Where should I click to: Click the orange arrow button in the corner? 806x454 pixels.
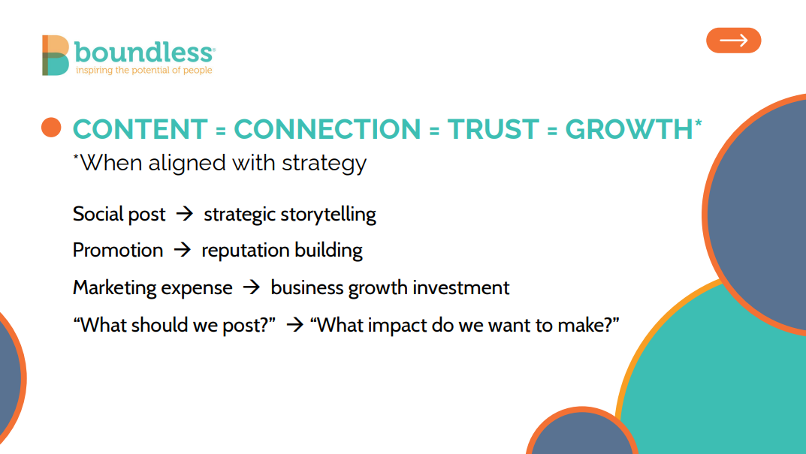coord(734,41)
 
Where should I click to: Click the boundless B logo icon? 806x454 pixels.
coord(56,56)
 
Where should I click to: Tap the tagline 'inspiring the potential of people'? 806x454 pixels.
coord(144,71)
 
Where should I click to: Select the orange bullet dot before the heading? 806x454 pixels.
coord(51,128)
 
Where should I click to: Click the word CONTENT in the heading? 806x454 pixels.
coord(140,129)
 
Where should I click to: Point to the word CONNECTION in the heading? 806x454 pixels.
coord(328,129)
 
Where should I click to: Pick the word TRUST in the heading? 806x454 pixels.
coord(493,129)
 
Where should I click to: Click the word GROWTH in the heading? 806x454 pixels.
coord(629,129)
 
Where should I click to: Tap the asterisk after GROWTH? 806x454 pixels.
coord(698,123)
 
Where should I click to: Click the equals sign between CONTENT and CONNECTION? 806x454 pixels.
coord(221,131)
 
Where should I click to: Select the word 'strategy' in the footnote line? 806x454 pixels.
coord(324,164)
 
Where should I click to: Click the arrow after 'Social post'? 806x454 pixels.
coord(185,214)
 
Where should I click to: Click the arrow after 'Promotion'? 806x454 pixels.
coord(182,250)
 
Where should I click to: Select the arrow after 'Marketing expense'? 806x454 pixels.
coord(252,287)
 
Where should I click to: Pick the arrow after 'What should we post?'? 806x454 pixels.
coord(295,325)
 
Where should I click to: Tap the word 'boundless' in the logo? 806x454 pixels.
coord(144,52)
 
